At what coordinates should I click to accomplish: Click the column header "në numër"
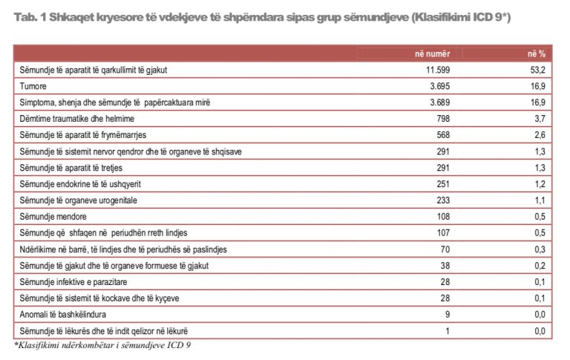(x=432, y=54)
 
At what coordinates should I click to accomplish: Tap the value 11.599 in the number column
(x=433, y=71)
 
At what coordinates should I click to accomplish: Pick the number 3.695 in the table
(x=439, y=87)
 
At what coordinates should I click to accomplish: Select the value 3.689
(x=439, y=102)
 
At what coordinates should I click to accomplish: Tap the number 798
(x=443, y=119)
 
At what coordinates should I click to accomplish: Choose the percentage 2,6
(x=540, y=135)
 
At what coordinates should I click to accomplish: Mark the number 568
(x=443, y=135)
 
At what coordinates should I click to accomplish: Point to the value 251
(x=443, y=183)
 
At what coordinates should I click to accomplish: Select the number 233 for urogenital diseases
(x=443, y=200)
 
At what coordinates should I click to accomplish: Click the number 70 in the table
(x=445, y=249)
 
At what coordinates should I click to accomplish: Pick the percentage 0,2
(x=540, y=265)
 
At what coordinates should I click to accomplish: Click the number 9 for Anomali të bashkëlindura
(x=448, y=313)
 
